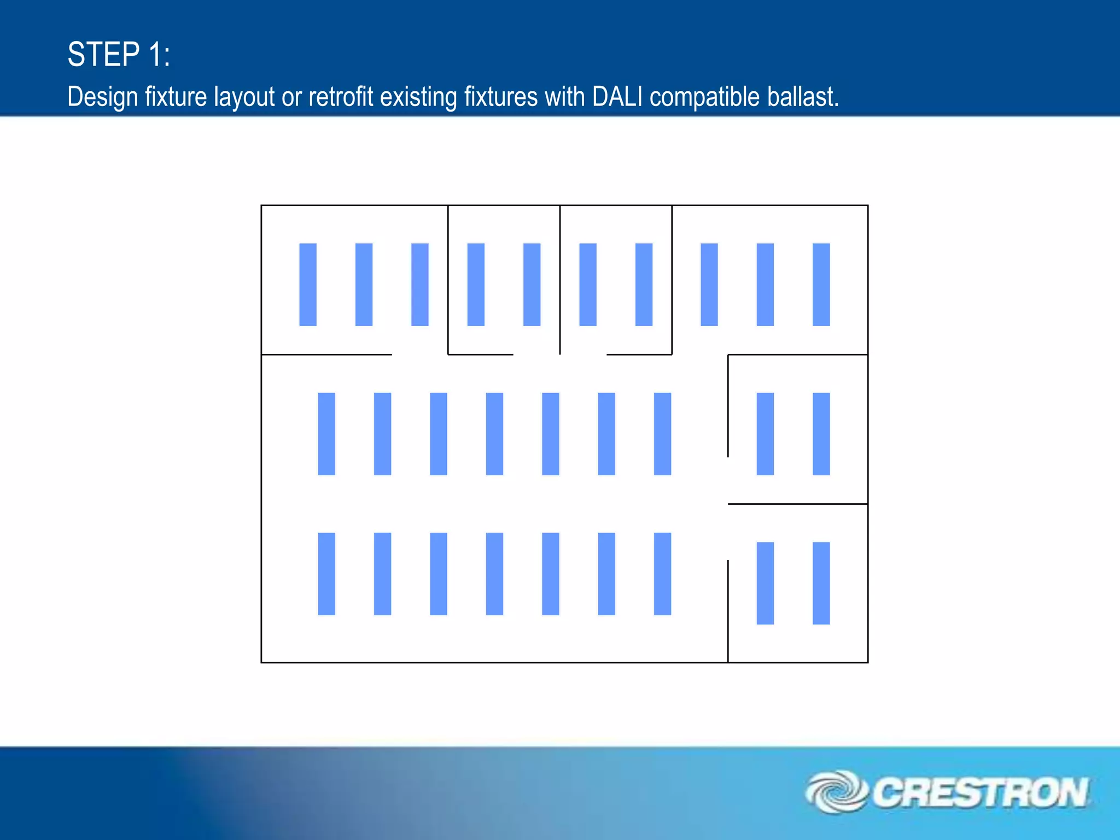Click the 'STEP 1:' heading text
pyautogui.click(x=119, y=55)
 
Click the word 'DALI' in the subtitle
pyautogui.click(x=617, y=97)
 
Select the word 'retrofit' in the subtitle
pyautogui.click(x=341, y=97)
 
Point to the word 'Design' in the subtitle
pyautogui.click(x=102, y=97)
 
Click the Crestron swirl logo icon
pyautogui.click(x=836, y=792)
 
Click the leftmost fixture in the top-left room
pyautogui.click(x=308, y=284)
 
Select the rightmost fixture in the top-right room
pyautogui.click(x=821, y=284)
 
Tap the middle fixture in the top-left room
pyautogui.click(x=364, y=284)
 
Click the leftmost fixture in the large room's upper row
pyautogui.click(x=326, y=434)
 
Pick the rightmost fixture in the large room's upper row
pyautogui.click(x=662, y=434)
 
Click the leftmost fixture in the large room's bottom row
pyautogui.click(x=326, y=574)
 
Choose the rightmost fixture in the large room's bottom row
pyautogui.click(x=662, y=574)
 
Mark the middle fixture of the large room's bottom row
pyautogui.click(x=494, y=574)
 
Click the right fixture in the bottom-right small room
pyautogui.click(x=821, y=583)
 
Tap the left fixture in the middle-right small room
pyautogui.click(x=765, y=434)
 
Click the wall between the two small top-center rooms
pyautogui.click(x=560, y=279)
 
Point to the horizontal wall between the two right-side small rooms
pyautogui.click(x=797, y=504)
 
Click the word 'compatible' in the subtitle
pyautogui.click(x=705, y=97)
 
